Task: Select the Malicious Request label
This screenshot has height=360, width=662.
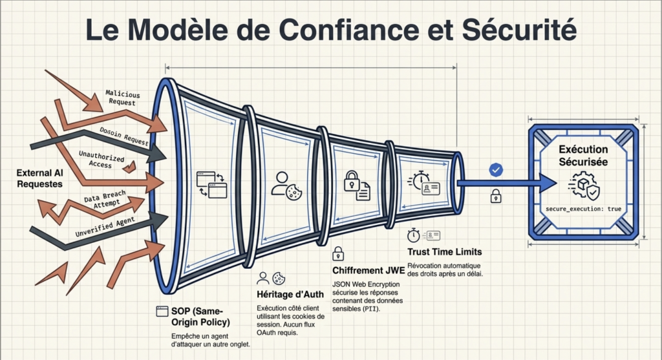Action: [122, 98]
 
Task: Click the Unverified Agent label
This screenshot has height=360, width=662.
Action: [105, 228]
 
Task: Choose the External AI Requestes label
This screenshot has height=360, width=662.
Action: [40, 178]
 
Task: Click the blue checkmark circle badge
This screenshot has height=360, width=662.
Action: [496, 170]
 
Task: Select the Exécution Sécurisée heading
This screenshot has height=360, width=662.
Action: [584, 156]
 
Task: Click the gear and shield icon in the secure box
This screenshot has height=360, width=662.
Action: [584, 186]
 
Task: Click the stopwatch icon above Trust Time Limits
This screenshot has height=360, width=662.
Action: [414, 235]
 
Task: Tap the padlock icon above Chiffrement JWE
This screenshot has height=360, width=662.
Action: [338, 253]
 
